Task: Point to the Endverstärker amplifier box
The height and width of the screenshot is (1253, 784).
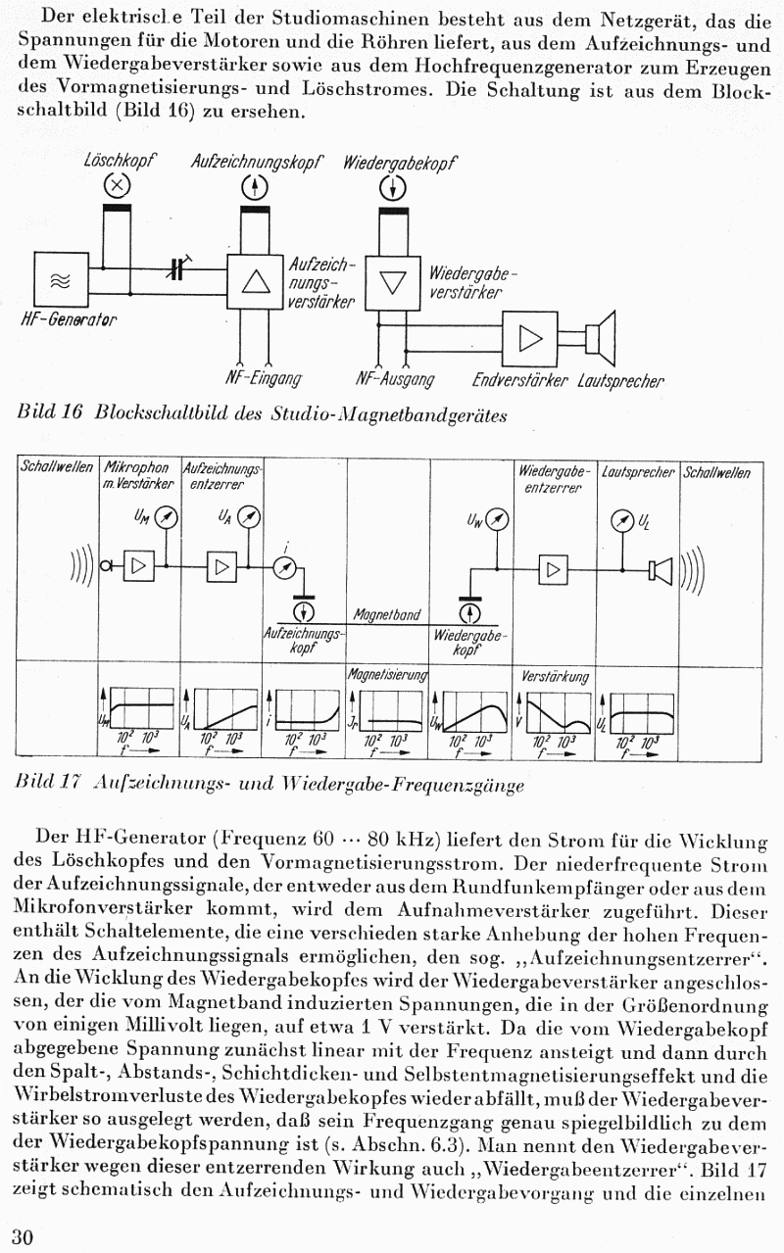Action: [x=529, y=338]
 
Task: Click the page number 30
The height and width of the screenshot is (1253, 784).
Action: [x=22, y=1236]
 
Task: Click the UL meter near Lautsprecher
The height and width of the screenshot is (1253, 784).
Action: [x=620, y=519]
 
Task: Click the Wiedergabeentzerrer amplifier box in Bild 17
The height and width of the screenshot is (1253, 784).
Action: [x=554, y=567]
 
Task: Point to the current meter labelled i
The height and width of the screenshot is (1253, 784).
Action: [x=284, y=567]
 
